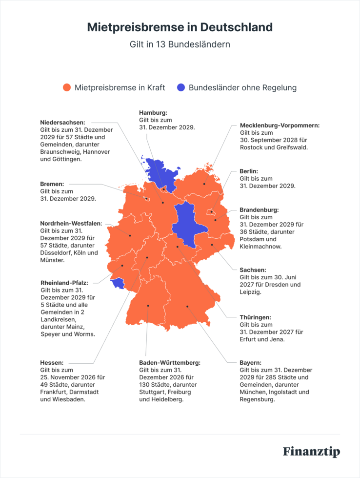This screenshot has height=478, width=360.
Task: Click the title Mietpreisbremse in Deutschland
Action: (x=180, y=27)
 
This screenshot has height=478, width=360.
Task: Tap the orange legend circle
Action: (x=67, y=88)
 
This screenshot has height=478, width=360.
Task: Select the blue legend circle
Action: (x=181, y=88)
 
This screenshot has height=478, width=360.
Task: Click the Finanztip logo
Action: (x=311, y=452)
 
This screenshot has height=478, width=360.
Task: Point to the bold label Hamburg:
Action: (x=153, y=112)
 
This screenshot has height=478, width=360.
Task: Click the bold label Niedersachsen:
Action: (x=63, y=123)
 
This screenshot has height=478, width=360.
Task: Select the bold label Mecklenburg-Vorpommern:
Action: (x=280, y=125)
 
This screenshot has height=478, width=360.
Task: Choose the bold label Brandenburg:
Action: (x=259, y=210)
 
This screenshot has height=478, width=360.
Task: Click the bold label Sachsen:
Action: (x=253, y=270)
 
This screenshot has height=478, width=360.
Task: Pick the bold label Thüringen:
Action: (x=255, y=317)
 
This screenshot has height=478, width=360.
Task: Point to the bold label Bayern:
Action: (x=250, y=363)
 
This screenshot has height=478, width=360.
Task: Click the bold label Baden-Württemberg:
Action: (x=170, y=363)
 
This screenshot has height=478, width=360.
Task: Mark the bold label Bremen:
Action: (x=52, y=184)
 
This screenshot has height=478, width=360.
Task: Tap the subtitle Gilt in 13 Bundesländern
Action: (x=180, y=44)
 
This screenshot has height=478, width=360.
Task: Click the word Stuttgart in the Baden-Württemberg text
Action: (x=153, y=392)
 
